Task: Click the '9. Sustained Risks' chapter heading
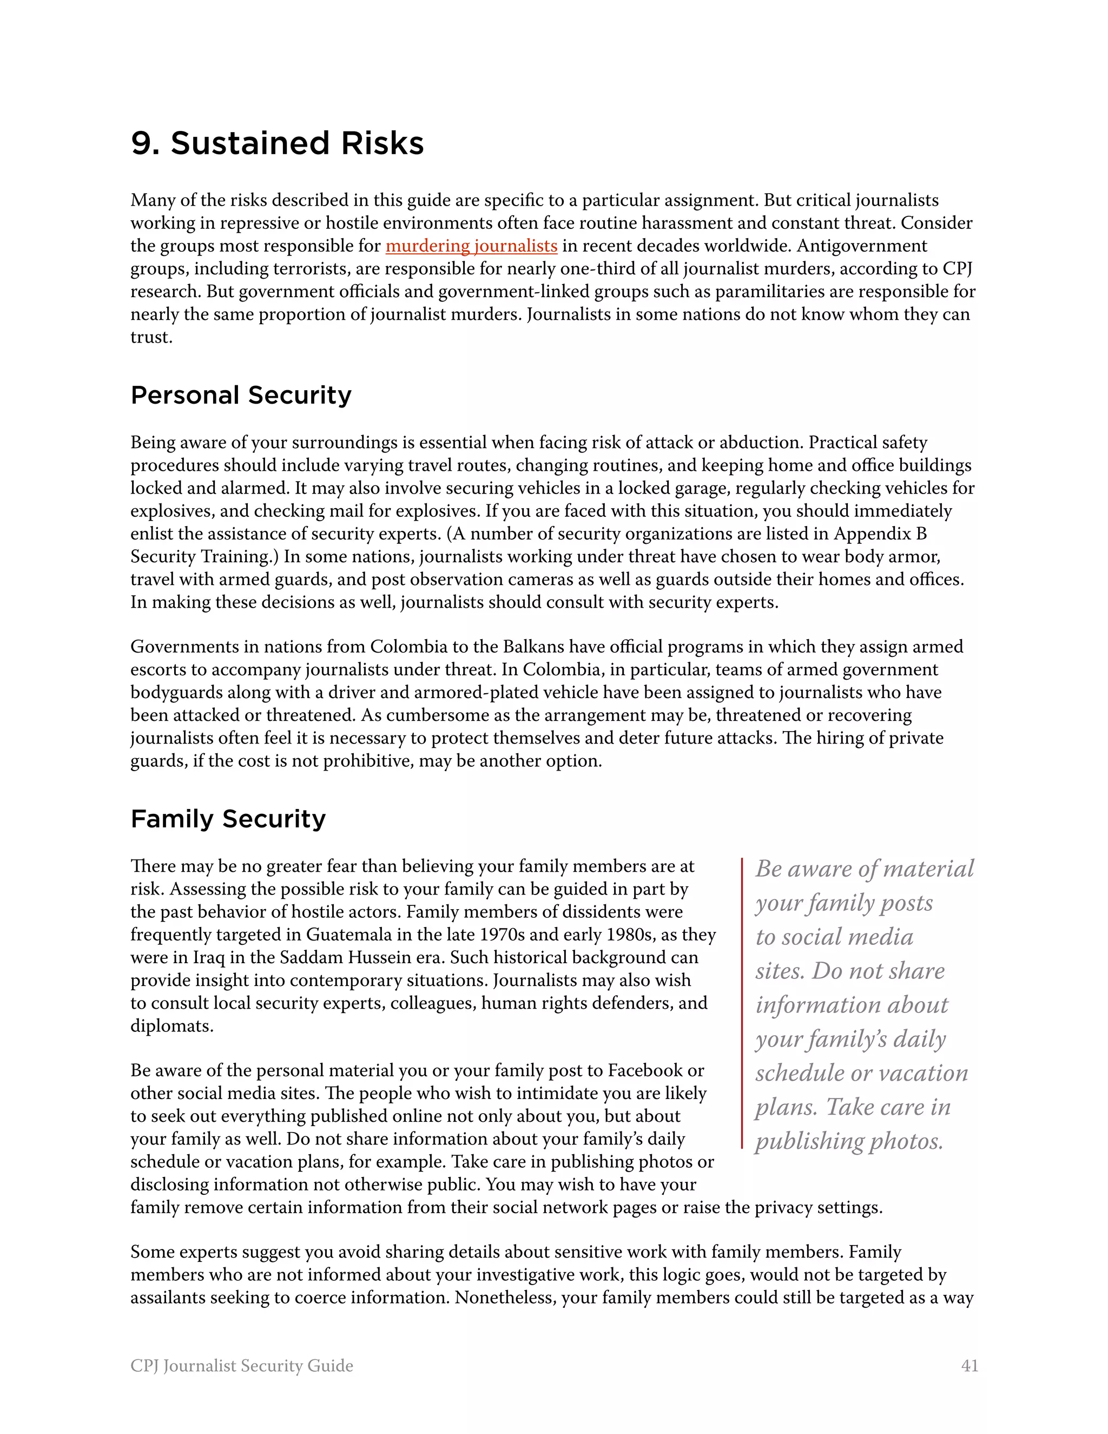[x=277, y=143]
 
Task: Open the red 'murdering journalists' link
[x=471, y=246]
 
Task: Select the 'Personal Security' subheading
[x=241, y=395]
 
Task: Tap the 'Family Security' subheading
[x=228, y=819]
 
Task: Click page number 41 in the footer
[x=969, y=1366]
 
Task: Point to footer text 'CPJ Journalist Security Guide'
[x=241, y=1366]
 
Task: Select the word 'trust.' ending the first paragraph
[x=151, y=338]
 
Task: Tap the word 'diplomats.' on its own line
[x=172, y=1025]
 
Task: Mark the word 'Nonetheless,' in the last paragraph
[x=505, y=1298]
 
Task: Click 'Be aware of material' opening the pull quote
[x=864, y=869]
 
